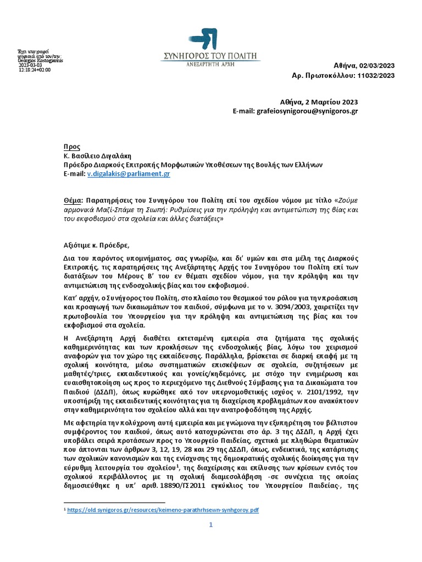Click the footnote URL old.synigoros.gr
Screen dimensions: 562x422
tap(162, 510)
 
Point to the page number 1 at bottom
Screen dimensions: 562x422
tap(210, 525)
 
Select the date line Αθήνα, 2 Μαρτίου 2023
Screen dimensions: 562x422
tap(319, 102)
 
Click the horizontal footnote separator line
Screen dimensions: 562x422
tap(114, 502)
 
